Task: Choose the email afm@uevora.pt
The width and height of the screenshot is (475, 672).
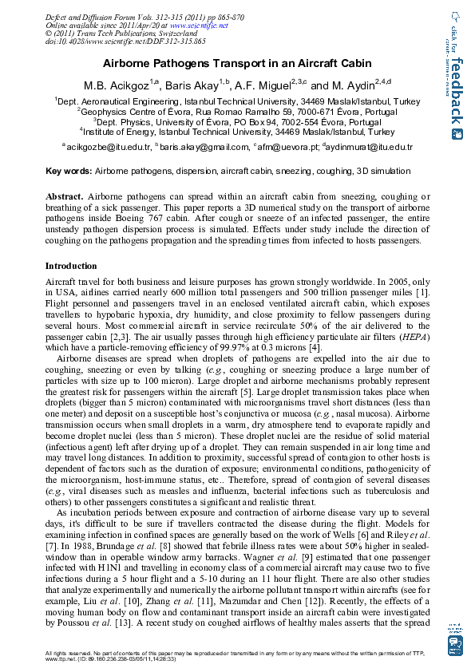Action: tap(285, 148)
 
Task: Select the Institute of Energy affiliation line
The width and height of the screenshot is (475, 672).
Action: tap(236, 132)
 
